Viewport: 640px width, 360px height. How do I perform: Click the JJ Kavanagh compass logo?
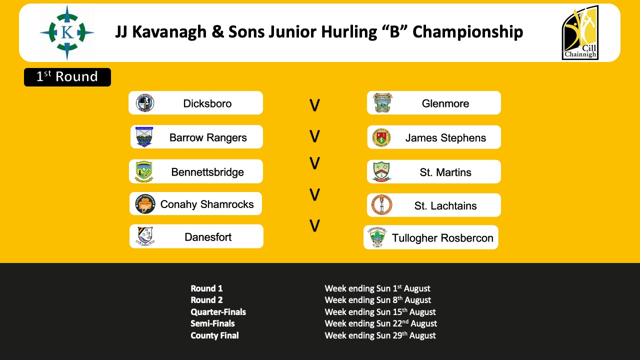67,32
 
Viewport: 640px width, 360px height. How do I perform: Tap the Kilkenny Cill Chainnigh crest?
580,32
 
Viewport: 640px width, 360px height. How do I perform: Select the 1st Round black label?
67,77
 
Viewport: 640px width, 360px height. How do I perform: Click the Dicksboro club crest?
145,103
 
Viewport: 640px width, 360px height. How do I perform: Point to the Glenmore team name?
445,103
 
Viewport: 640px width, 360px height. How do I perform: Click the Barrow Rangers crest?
144,137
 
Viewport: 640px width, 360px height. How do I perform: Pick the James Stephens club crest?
381,137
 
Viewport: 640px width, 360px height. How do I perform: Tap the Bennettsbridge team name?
207,172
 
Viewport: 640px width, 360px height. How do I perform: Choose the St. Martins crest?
381,171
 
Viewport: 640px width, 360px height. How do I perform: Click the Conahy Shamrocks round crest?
145,203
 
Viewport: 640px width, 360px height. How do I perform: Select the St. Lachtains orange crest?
381,205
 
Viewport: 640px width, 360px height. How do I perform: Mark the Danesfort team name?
208,237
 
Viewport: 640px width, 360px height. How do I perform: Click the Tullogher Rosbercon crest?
377,237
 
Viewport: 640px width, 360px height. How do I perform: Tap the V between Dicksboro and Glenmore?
314,105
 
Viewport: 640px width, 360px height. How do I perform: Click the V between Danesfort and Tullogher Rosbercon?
314,225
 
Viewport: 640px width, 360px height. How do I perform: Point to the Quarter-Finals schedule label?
218,311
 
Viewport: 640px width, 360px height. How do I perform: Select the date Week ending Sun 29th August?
380,335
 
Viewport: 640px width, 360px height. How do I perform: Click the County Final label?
214,335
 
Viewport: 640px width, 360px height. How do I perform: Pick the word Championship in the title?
468,32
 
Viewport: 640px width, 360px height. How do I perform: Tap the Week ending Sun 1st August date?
377,288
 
